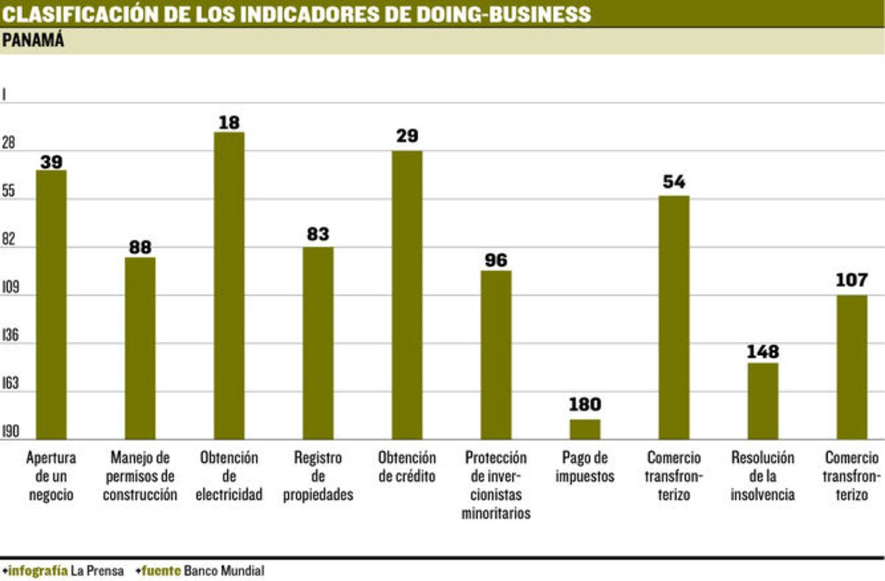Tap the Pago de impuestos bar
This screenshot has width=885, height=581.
tap(585, 429)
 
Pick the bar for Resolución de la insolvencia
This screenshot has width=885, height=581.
tap(763, 401)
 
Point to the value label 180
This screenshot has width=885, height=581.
tap(585, 404)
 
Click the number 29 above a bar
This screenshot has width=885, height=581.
tap(406, 136)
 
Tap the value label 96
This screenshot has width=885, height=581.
tap(496, 260)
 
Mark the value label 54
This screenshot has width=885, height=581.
tap(673, 181)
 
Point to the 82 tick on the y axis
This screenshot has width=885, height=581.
tap(11, 247)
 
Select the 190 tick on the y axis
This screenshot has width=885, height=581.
tap(11, 432)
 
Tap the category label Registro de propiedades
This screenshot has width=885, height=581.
tap(318, 476)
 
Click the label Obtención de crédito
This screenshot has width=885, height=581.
tap(406, 467)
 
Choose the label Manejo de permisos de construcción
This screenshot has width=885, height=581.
tap(140, 476)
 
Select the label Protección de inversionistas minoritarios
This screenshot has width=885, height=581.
tap(496, 485)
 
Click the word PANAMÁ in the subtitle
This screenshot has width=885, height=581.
tap(33, 41)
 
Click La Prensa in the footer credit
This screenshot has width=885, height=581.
tap(97, 571)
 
